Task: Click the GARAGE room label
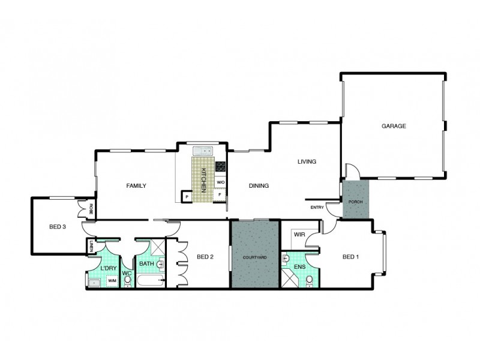click(x=394, y=126)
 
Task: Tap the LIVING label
click(x=307, y=161)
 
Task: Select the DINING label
click(x=259, y=186)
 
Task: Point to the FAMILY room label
click(x=136, y=186)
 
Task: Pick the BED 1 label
click(x=350, y=257)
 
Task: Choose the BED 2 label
click(x=205, y=257)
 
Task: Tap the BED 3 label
click(x=57, y=226)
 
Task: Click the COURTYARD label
click(x=254, y=257)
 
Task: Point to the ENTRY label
click(x=317, y=208)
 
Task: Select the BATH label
click(x=146, y=263)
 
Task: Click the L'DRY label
click(x=109, y=268)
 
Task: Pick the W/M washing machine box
click(x=112, y=280)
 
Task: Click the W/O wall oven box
click(x=220, y=182)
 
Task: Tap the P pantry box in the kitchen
click(x=187, y=196)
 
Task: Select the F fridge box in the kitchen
click(x=220, y=195)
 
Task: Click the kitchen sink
click(x=202, y=151)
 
